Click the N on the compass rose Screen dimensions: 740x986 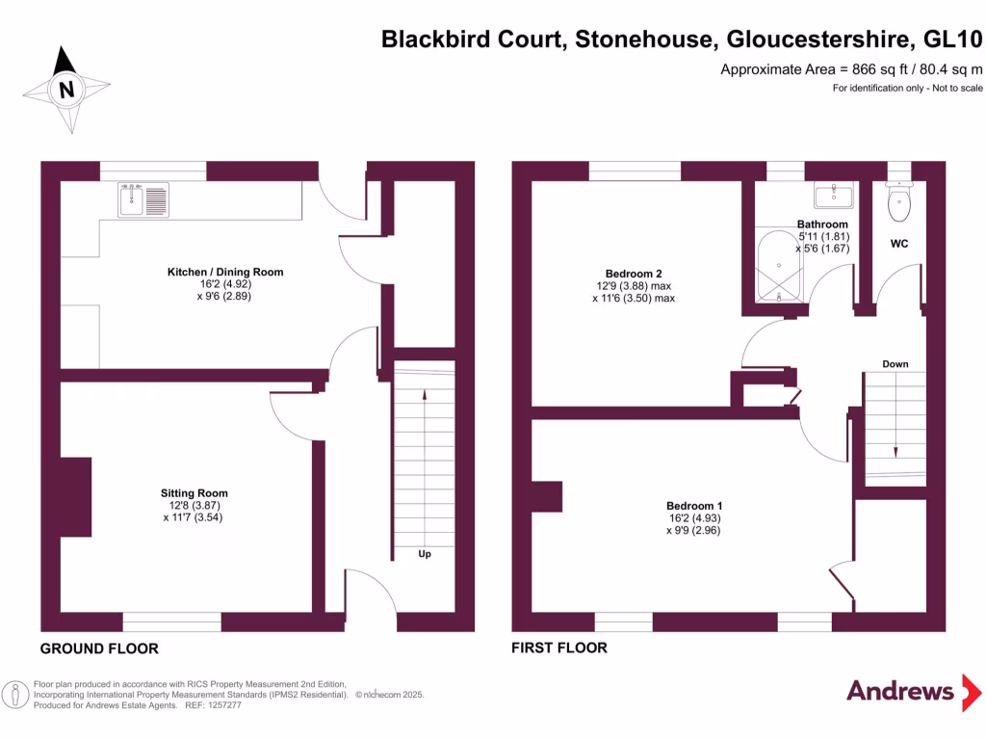[x=65, y=91]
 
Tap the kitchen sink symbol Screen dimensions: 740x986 [x=143, y=199]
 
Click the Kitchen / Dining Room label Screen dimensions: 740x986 [x=225, y=272]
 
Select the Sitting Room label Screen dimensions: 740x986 [x=195, y=493]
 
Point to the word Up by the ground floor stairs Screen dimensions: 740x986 [x=424, y=554]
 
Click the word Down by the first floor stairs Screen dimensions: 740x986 [x=895, y=364]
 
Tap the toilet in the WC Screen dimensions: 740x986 [x=899, y=199]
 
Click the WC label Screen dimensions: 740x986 [x=899, y=245]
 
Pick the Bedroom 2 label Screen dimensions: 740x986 [x=634, y=274]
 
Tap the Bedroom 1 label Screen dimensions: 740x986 [x=694, y=506]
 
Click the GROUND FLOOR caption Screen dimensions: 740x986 [x=99, y=648]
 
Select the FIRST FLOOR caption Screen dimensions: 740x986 [x=559, y=647]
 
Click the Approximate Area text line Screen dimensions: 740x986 [x=851, y=69]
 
